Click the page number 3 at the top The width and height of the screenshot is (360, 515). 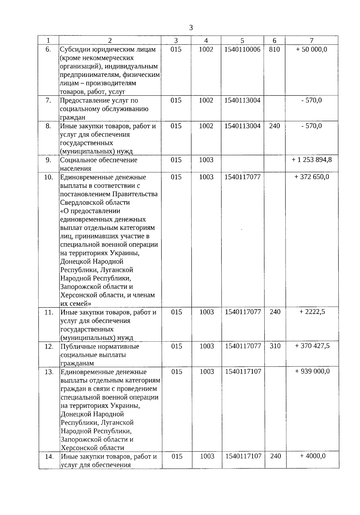click(191, 28)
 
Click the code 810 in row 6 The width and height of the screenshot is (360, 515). click(274, 49)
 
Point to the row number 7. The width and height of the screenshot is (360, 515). click(48, 100)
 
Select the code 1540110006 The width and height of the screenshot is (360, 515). click(242, 49)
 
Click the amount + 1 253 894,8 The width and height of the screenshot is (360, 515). click(312, 160)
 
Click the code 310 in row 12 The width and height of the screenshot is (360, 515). click(275, 346)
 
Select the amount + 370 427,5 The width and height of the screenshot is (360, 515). click(312, 346)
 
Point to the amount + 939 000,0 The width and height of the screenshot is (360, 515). click(312, 371)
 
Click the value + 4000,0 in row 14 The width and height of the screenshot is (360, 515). click(313, 456)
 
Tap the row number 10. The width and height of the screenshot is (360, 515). click(49, 177)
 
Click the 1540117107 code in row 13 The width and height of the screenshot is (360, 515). click(243, 372)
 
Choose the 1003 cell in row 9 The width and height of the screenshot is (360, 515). click(206, 160)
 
